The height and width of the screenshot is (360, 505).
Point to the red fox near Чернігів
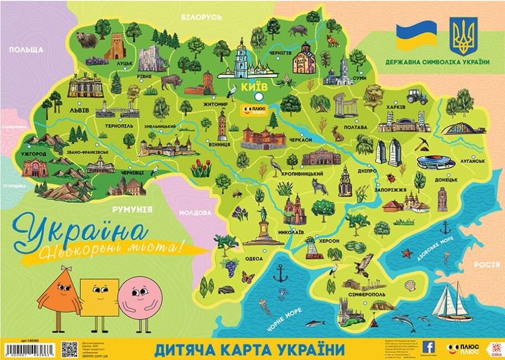pos(332,41)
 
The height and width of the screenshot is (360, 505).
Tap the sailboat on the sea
pos(452,304)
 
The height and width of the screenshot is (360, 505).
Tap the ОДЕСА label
pos(254,258)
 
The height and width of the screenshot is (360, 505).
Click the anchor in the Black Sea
pos(281,272)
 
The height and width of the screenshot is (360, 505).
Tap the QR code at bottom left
pos(69,349)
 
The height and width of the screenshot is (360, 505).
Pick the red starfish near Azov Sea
pos(408,253)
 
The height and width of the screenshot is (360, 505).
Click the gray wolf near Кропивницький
pos(318,186)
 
